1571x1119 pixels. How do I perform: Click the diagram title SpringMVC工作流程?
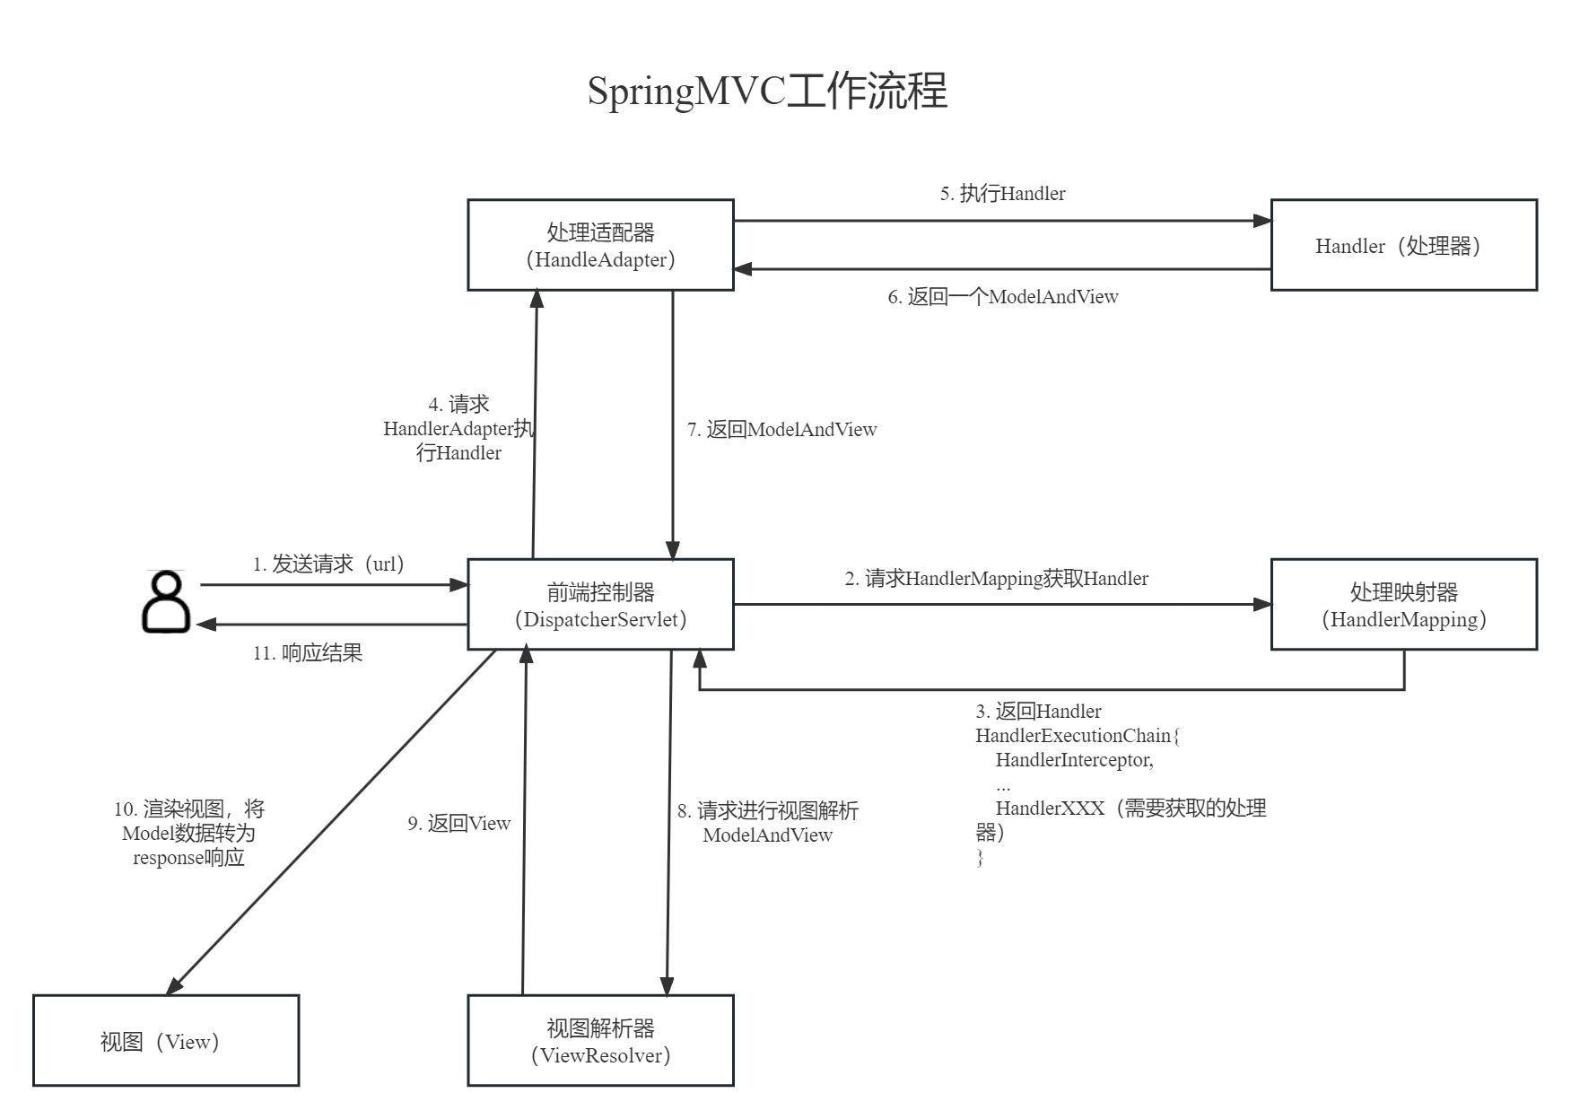click(x=767, y=92)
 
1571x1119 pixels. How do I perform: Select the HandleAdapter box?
click(x=600, y=245)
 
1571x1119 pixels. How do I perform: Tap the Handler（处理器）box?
click(x=1403, y=245)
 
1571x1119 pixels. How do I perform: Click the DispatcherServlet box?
click(x=600, y=605)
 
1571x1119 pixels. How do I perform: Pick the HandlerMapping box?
click(x=1403, y=605)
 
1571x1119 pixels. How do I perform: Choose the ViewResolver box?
click(x=600, y=1041)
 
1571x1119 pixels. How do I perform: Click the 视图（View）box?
click(x=166, y=1041)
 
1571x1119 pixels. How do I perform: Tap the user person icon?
click(x=166, y=602)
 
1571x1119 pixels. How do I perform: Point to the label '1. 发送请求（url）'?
click(x=329, y=564)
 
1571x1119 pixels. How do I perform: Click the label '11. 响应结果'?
click(x=308, y=653)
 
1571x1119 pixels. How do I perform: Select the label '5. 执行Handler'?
click(x=1002, y=194)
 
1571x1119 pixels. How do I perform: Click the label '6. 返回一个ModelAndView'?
click(x=1003, y=297)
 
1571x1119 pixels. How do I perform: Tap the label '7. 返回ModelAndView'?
click(x=781, y=430)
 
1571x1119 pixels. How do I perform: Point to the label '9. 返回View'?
click(x=458, y=824)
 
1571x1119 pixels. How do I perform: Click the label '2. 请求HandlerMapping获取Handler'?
click(x=996, y=579)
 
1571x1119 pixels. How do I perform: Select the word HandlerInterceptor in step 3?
click(x=1074, y=760)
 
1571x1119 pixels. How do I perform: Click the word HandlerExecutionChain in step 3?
click(x=1073, y=736)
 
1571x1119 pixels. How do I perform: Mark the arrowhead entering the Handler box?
click(x=1262, y=221)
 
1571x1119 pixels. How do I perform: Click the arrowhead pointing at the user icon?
click(x=206, y=624)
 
